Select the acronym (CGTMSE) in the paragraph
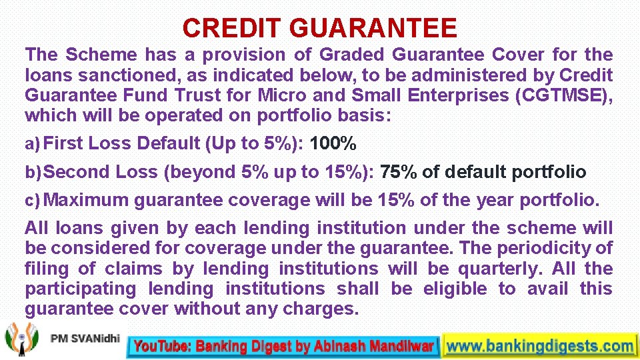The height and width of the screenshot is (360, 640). click(564, 95)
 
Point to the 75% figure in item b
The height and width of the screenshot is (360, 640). click(399, 172)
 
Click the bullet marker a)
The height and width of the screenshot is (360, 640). click(33, 144)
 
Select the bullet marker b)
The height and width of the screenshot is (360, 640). click(33, 173)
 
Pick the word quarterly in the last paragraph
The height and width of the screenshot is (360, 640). click(490, 269)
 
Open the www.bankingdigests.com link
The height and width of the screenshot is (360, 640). click(540, 346)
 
